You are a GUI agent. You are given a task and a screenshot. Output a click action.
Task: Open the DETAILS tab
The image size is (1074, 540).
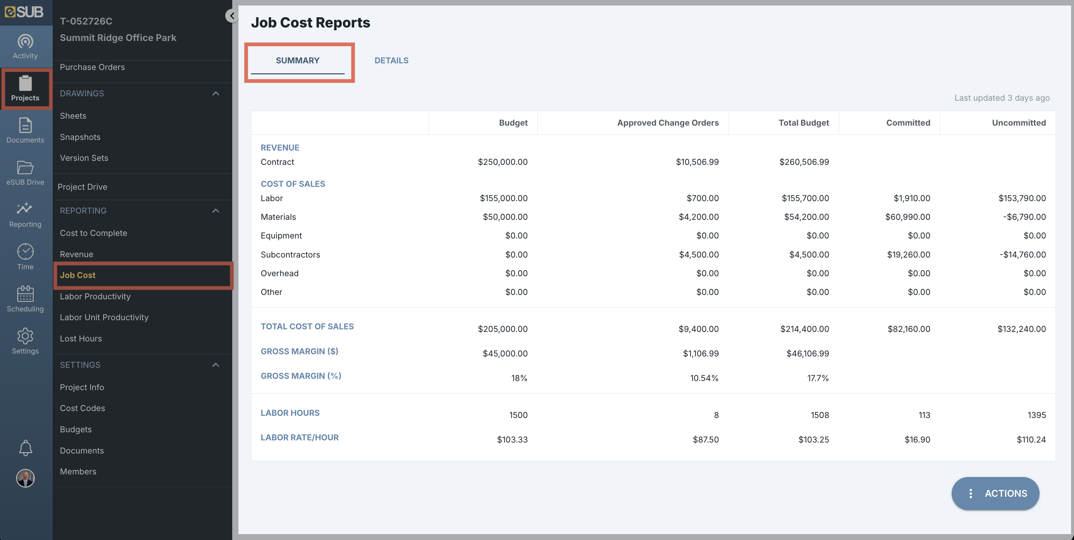click(x=391, y=60)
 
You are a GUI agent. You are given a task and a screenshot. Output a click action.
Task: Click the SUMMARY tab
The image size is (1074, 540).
click(x=298, y=60)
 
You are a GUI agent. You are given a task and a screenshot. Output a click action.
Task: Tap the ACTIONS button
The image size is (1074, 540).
click(x=995, y=493)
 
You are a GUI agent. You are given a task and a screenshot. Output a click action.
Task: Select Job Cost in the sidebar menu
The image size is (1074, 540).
click(x=78, y=275)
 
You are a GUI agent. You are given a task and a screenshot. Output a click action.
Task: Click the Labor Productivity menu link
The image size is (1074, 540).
click(x=95, y=296)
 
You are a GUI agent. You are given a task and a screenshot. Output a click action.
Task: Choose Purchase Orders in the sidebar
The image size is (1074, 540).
click(x=92, y=67)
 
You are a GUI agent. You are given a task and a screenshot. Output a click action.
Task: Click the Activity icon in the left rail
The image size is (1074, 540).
click(x=25, y=42)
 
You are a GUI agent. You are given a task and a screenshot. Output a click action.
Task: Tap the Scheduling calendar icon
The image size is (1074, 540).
click(x=25, y=293)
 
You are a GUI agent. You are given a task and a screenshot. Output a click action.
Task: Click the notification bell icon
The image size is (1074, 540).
click(x=25, y=448)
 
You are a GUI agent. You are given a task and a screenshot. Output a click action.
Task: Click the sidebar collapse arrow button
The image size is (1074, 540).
click(x=232, y=16)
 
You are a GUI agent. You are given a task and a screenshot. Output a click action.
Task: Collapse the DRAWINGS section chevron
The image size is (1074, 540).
click(x=215, y=93)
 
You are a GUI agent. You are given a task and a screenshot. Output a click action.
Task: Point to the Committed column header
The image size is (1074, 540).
click(x=908, y=123)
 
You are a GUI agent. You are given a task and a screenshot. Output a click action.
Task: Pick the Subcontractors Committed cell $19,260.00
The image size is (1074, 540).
click(x=908, y=254)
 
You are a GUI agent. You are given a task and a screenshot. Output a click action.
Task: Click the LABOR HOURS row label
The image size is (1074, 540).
click(x=290, y=413)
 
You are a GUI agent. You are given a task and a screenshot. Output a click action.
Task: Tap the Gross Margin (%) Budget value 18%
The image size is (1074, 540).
click(x=519, y=378)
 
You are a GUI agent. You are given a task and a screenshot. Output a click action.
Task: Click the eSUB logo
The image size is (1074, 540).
click(x=24, y=12)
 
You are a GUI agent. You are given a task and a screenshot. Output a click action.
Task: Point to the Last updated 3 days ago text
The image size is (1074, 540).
click(x=1002, y=98)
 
